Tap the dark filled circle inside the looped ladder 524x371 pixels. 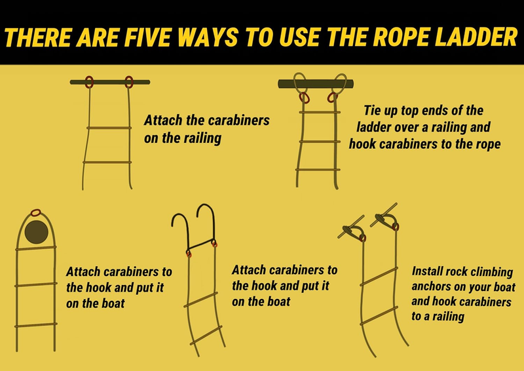pos(37,231)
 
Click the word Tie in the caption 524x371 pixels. pos(371,110)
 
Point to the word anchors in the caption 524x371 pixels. pos(429,286)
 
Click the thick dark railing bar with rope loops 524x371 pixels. pos(316,84)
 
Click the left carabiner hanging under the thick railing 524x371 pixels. pos(303,98)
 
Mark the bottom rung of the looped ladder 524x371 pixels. pos(36,325)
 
